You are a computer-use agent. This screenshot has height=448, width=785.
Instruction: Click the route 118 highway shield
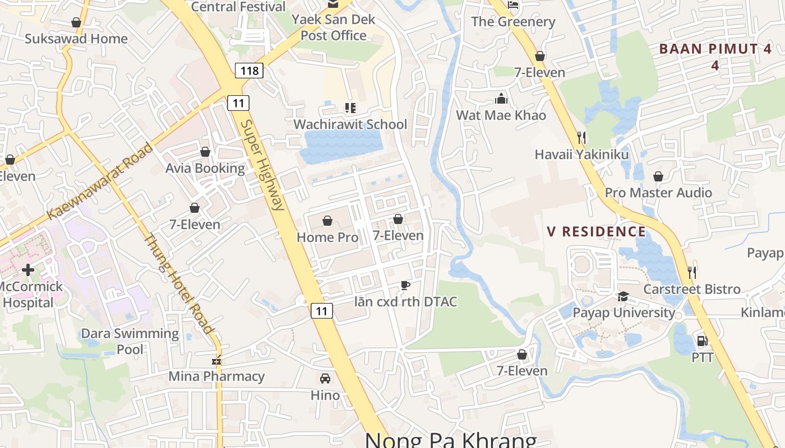tap(249, 71)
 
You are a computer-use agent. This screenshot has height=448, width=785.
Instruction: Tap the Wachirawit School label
tap(350, 124)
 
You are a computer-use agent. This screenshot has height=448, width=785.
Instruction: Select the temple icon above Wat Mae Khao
tap(501, 99)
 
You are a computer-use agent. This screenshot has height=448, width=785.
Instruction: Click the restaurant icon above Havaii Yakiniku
tap(581, 137)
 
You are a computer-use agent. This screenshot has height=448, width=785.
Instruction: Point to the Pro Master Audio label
tap(658, 193)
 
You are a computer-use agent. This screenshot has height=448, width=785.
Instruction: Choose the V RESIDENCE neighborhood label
tap(597, 231)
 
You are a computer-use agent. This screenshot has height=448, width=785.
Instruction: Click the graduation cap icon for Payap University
tap(623, 296)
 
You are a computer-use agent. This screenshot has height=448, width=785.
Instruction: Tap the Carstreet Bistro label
tap(692, 290)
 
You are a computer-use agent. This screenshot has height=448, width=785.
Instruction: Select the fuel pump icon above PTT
tap(701, 340)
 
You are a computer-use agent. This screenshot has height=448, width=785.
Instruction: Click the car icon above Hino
tap(325, 379)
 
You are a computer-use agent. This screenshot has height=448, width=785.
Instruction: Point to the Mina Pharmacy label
tap(216, 376)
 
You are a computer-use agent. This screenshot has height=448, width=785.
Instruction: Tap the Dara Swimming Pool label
tap(130, 342)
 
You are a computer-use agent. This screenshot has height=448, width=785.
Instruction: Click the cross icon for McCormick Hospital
tap(27, 270)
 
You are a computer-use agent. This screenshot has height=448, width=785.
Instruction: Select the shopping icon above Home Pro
tap(327, 221)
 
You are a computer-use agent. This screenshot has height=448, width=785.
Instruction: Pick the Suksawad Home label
tap(76, 39)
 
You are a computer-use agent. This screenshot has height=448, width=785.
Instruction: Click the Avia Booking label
tap(205, 169)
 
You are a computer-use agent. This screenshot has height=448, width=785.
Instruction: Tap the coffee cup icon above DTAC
tap(405, 286)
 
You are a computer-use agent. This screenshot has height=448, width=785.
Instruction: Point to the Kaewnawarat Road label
tap(100, 181)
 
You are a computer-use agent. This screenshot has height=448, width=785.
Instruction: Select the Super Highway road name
tap(262, 165)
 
